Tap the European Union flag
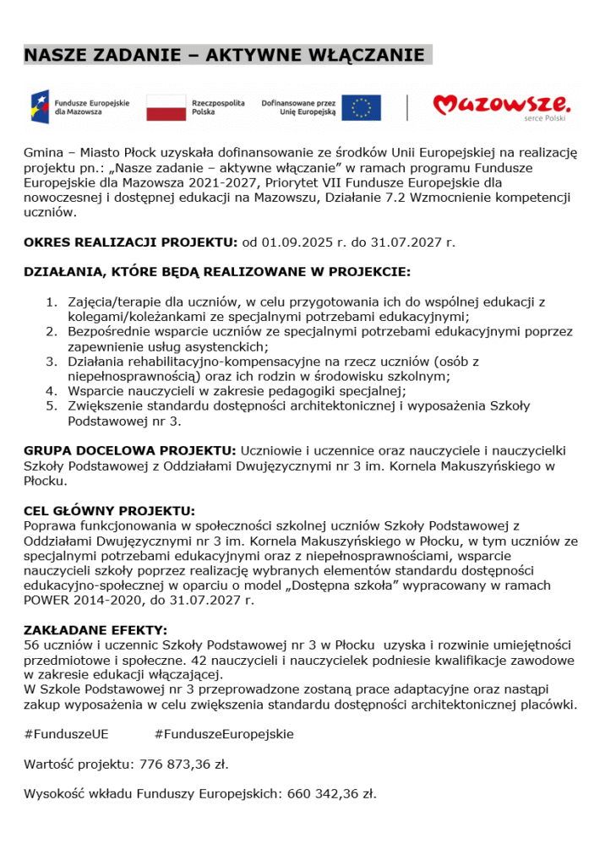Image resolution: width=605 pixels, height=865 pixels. click(x=361, y=107)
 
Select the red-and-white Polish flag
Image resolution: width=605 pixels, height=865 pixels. click(x=166, y=107)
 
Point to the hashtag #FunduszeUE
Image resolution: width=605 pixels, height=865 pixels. click(x=66, y=734)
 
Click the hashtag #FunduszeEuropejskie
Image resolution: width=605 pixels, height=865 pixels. click(x=224, y=734)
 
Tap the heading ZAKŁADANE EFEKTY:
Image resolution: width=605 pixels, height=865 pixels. click(x=95, y=630)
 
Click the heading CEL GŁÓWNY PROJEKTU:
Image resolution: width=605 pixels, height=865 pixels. click(x=109, y=511)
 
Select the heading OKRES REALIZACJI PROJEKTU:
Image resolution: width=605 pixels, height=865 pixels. click(x=131, y=242)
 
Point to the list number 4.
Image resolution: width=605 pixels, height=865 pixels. click(x=50, y=391)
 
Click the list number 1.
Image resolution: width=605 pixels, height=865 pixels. click(x=50, y=302)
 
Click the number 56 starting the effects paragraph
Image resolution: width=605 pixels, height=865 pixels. click(x=31, y=645)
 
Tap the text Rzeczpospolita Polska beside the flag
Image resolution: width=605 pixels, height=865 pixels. click(x=218, y=107)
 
